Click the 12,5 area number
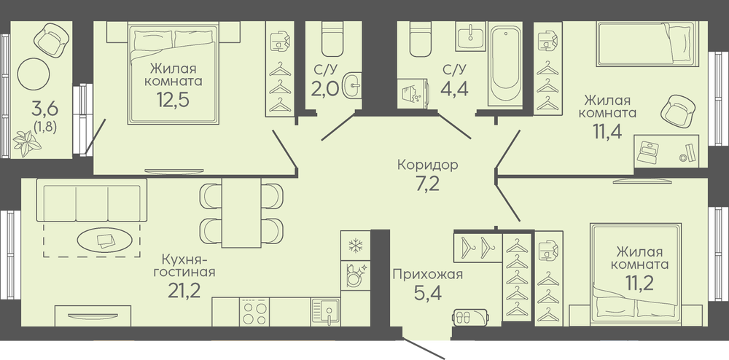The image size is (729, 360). click(x=173, y=99)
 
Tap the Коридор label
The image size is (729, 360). click(x=428, y=165)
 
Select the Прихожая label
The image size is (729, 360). click(x=428, y=274)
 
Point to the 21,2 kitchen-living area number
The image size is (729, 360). click(x=184, y=291)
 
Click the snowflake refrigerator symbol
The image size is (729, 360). click(x=356, y=245)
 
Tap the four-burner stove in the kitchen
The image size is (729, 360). click(x=254, y=312)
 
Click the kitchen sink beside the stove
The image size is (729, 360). click(x=325, y=312)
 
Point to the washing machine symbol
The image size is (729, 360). click(x=412, y=93)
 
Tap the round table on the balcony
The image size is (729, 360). click(x=34, y=74)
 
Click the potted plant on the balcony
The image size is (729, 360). click(x=27, y=143)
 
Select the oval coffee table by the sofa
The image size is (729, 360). click(x=104, y=240)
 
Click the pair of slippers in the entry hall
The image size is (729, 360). click(x=470, y=318)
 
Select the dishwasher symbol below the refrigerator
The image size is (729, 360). click(x=356, y=276)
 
